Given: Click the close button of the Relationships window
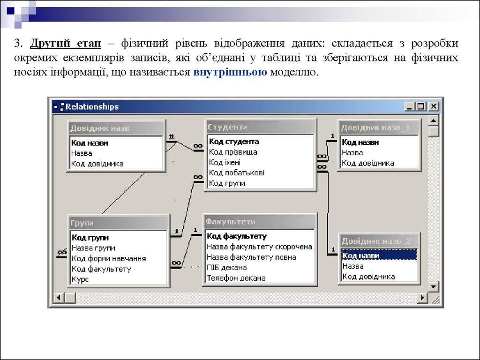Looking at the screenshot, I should [434, 106].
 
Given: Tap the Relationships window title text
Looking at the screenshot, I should [92, 106].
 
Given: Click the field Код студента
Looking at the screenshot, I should [234, 141].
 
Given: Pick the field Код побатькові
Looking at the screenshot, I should [236, 172].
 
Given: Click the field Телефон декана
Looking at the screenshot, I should [236, 278].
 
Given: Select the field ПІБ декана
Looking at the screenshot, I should [227, 268].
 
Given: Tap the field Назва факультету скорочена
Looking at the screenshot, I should [259, 247].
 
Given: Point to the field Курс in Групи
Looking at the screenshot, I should [80, 279].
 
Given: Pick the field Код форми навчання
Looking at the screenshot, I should [109, 258].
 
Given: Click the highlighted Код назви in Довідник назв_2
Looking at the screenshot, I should [361, 255].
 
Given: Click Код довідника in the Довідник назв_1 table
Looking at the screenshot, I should [368, 163].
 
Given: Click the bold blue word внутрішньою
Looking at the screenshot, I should [230, 73].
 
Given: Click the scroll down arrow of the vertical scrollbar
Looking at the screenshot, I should [434, 286].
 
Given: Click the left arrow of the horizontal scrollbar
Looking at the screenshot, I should [59, 298].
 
